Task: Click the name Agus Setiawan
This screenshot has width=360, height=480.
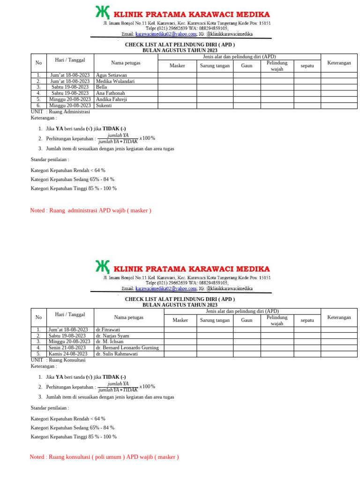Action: click(x=111, y=75)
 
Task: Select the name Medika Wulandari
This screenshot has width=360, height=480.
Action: click(x=115, y=81)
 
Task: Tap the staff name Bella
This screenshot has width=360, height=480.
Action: click(x=101, y=87)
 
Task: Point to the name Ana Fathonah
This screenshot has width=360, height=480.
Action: click(x=111, y=93)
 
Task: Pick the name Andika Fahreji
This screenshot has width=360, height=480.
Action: click(x=112, y=99)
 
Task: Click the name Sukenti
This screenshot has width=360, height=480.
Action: click(x=104, y=105)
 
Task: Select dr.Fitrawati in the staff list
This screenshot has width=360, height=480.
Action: click(x=108, y=330)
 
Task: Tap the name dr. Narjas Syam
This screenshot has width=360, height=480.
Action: click(x=112, y=336)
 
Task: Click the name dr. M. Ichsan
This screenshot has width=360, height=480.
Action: click(x=110, y=342)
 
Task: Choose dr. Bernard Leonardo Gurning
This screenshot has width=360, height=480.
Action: click(x=127, y=348)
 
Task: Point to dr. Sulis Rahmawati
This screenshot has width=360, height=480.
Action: click(x=117, y=354)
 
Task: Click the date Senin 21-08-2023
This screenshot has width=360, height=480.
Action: click(x=67, y=348)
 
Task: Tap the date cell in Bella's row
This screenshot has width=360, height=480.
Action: click(x=70, y=87)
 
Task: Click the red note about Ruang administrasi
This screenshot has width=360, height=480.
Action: click(x=90, y=210)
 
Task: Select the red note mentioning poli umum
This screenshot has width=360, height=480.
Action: click(x=104, y=457)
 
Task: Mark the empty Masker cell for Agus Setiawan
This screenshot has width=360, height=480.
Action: click(x=177, y=75)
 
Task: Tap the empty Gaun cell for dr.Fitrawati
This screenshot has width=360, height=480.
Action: click(x=247, y=330)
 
